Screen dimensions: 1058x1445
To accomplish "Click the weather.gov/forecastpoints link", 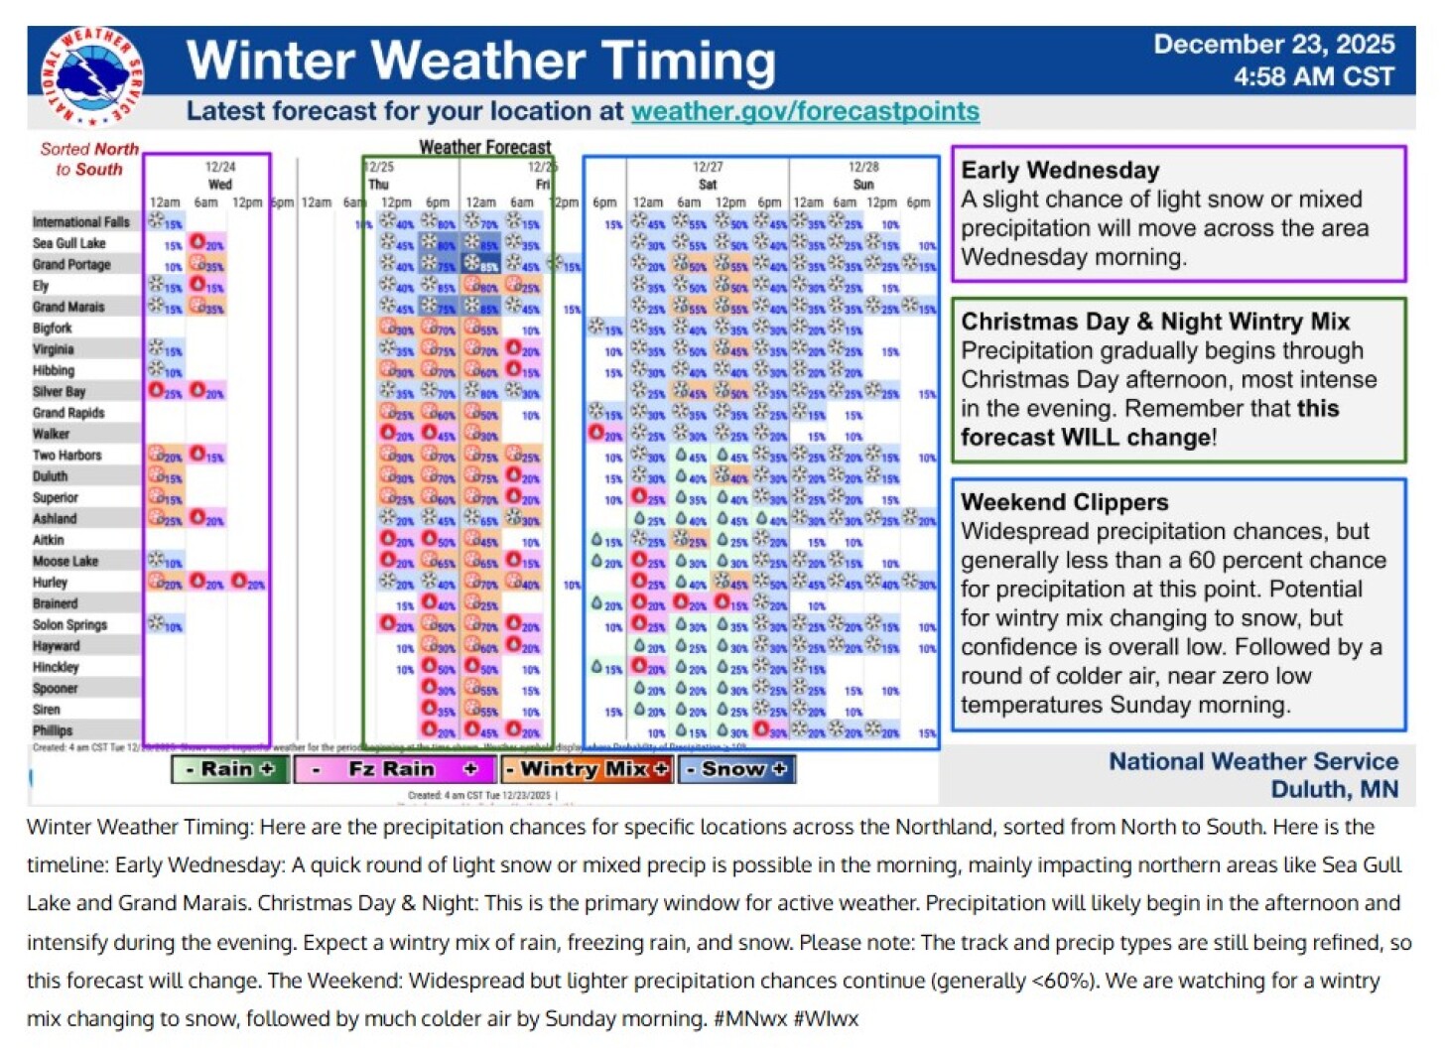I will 805,111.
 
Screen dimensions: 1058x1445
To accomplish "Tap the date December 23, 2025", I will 1273,45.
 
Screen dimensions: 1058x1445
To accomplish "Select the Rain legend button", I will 230,769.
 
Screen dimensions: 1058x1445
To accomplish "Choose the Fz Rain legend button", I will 393,769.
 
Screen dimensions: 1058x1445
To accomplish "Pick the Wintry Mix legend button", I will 587,769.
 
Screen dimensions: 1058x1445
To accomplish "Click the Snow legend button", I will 735,769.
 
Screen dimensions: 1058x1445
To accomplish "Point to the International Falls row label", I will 80,222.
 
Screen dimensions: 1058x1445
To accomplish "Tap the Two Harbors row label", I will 66,456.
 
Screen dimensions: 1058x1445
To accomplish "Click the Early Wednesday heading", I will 1060,171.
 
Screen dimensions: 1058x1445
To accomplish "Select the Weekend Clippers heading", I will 1064,502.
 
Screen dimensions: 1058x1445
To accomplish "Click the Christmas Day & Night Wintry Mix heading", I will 1155,322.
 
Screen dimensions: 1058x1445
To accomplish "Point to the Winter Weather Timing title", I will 480,62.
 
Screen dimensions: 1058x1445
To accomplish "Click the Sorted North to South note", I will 88,159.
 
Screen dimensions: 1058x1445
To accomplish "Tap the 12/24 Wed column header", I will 219,176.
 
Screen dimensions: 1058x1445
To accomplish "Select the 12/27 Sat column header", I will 708,176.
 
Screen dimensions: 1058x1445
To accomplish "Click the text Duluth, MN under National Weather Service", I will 1334,790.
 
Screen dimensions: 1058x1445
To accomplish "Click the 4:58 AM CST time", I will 1313,77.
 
